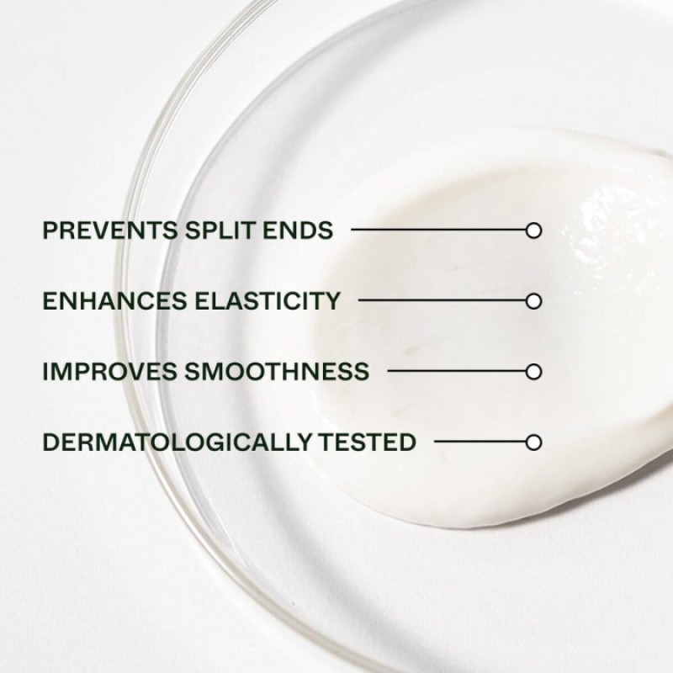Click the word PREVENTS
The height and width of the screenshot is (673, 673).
(x=110, y=230)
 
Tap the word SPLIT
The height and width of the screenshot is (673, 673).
(x=221, y=230)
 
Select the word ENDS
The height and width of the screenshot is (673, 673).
(x=298, y=230)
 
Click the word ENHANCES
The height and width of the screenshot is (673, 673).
(x=115, y=300)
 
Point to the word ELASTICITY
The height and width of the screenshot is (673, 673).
(x=268, y=300)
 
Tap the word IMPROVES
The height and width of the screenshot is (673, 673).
(x=110, y=371)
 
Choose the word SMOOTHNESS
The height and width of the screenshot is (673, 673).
(x=277, y=371)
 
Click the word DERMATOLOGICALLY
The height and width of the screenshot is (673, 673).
(x=177, y=442)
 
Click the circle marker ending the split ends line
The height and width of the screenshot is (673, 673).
(x=533, y=231)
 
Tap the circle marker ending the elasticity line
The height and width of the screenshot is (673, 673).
(x=533, y=301)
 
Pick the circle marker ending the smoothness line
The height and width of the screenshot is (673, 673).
(x=533, y=372)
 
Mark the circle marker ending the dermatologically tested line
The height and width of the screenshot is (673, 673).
(x=533, y=442)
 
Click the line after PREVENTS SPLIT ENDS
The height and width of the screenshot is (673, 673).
(x=438, y=230)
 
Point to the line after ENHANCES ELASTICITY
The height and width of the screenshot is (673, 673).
(x=442, y=300)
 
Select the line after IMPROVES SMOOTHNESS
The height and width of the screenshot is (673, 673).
(x=457, y=371)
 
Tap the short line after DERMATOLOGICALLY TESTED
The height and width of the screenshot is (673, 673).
(x=480, y=441)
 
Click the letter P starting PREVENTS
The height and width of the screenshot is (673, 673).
(x=50, y=230)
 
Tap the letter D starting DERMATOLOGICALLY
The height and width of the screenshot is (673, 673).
(x=51, y=442)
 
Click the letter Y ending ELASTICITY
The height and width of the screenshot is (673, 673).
(x=331, y=300)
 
